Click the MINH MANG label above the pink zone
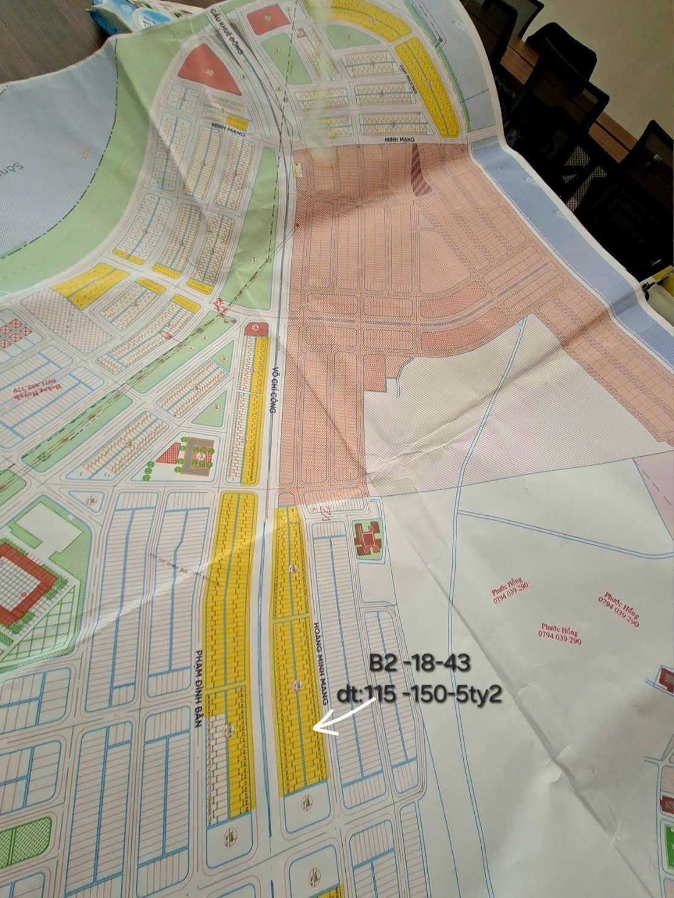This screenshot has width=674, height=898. [x=401, y=139]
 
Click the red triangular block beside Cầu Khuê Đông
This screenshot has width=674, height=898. [x=208, y=69]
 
